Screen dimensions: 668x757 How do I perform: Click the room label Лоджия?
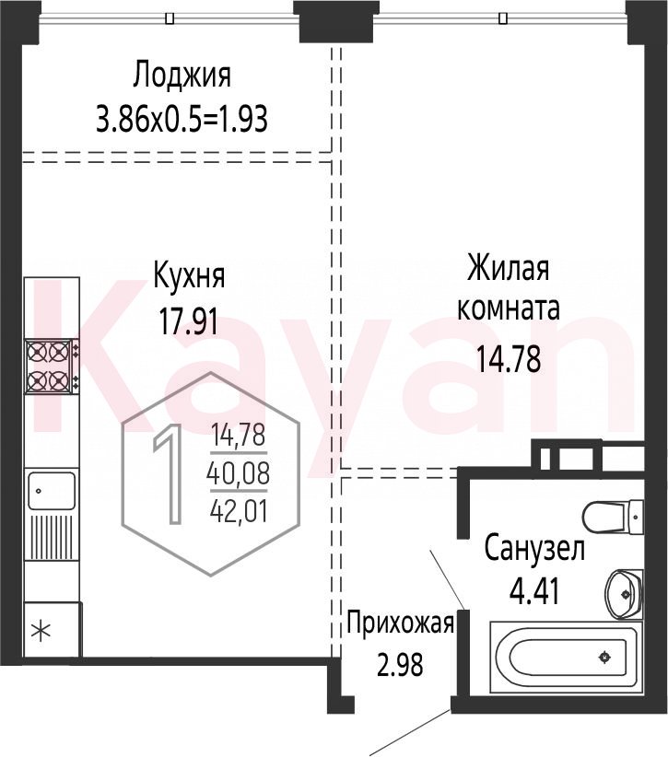point(182,76)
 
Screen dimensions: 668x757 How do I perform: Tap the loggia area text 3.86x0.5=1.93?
point(182,119)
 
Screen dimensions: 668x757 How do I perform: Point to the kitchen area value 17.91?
point(188,322)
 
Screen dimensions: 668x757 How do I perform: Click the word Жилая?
point(508,268)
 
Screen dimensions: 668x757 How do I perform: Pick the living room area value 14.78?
point(508,360)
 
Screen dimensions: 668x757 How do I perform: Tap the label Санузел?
point(534,549)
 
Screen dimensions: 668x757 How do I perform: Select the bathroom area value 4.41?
point(534,591)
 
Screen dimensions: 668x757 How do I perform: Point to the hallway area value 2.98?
point(400,664)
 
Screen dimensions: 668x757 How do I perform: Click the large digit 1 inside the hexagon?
point(168,473)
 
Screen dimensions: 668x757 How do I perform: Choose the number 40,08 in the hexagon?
point(238,473)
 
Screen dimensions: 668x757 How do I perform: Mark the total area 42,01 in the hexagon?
point(239,511)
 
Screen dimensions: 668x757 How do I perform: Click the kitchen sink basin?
point(52,491)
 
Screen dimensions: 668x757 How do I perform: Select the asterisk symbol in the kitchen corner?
point(41,631)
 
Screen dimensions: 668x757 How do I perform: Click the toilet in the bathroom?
point(613,517)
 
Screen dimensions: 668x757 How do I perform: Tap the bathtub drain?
point(604,657)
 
